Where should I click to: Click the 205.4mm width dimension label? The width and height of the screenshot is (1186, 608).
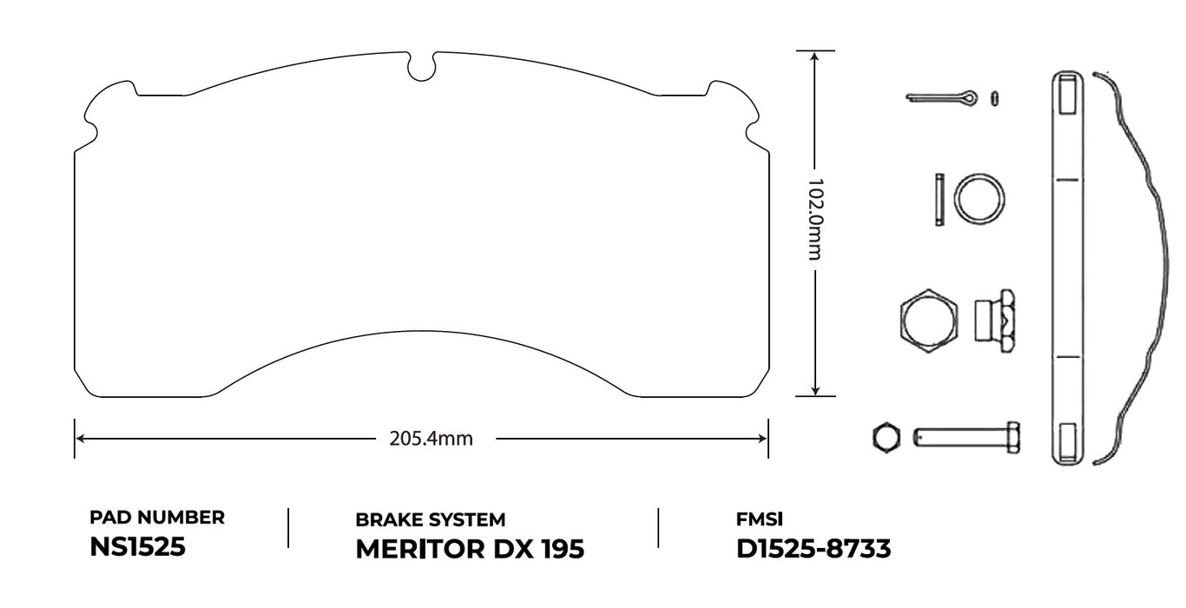point(432,439)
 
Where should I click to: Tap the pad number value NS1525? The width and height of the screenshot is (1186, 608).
point(137,548)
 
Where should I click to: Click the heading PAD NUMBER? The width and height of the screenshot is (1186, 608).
point(157,518)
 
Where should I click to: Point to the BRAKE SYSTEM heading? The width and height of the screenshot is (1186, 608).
point(430,519)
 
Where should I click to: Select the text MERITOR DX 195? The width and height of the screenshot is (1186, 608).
point(470,549)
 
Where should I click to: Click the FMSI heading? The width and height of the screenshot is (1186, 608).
point(759,519)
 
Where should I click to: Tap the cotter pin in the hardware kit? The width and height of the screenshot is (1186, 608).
point(942,97)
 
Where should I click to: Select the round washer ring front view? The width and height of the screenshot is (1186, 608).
point(980,199)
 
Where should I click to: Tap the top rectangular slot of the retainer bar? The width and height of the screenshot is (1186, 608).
point(1067,95)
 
